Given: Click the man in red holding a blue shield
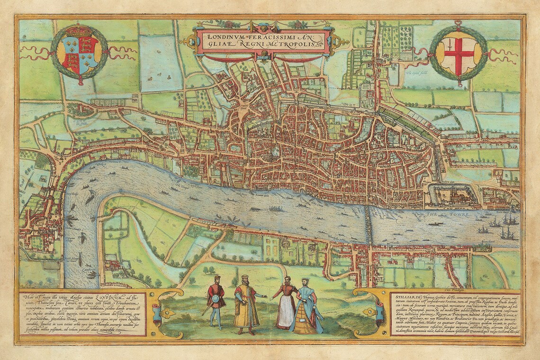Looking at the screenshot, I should click(216, 300).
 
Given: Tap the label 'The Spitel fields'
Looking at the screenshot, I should click(417, 73).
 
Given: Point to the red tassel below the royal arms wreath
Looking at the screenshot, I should click(81, 82).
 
